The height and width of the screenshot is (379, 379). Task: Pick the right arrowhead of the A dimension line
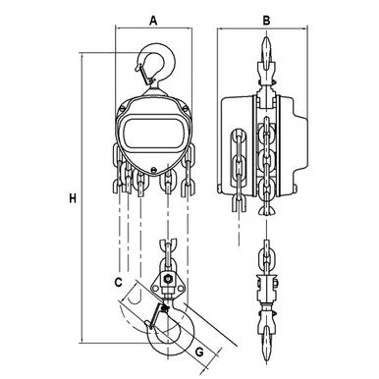[x=193, y=28]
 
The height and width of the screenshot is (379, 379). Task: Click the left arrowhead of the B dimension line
[x=225, y=28]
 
